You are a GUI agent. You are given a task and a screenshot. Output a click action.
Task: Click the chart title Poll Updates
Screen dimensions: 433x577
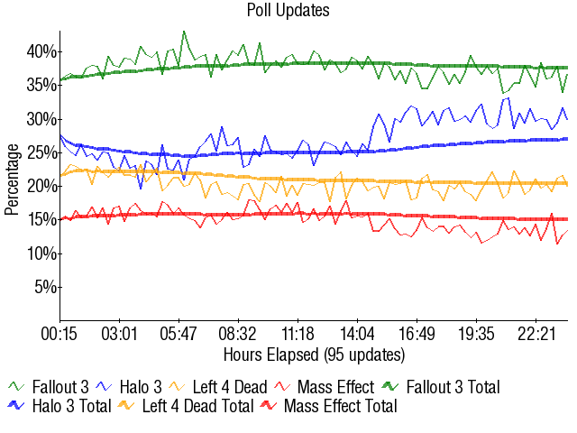pyautogui.click(x=288, y=11)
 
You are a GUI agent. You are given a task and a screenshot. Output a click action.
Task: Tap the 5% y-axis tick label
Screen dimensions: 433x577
pyautogui.click(x=43, y=288)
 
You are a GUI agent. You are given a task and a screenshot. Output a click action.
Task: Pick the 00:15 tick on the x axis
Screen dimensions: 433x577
pyautogui.click(x=60, y=333)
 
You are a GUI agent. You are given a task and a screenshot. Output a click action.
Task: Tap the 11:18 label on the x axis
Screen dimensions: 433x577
pyautogui.click(x=298, y=333)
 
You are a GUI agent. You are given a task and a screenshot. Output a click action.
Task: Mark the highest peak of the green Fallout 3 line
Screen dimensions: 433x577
pyautogui.click(x=184, y=32)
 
